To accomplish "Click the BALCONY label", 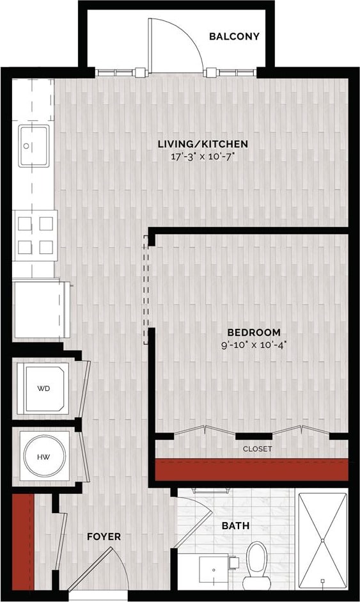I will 234,36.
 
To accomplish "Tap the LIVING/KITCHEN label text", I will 203,144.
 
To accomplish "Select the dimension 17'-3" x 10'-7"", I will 203,155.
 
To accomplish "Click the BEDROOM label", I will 254,332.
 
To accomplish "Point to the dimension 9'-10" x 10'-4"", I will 254,344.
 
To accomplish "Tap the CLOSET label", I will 257,448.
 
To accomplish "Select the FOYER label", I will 104,536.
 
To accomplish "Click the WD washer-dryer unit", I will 43,388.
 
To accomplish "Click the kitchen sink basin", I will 33,146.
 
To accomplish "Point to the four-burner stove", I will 36,235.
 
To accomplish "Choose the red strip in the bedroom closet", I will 252,470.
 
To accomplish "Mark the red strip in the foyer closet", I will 22,541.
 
